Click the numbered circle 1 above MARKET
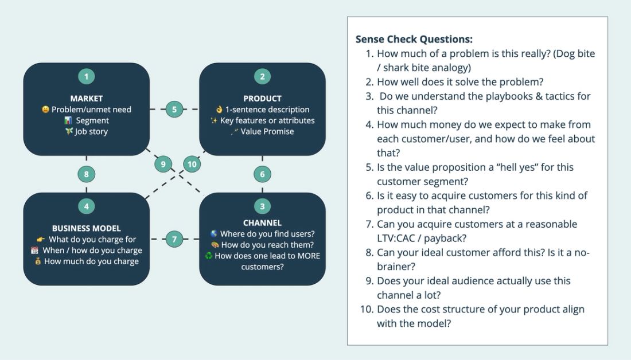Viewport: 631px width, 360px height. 86,76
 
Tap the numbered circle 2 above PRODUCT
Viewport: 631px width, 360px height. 262,76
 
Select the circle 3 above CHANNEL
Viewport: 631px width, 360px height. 262,206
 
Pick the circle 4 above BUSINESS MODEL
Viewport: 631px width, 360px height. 86,206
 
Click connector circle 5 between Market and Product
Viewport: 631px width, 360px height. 174,109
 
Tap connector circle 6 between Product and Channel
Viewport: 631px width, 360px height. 262,174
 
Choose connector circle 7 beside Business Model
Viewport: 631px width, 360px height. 174,239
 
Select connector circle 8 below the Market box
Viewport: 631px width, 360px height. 86,174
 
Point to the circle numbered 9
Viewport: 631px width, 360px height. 163,164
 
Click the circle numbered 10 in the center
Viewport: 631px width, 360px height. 192,164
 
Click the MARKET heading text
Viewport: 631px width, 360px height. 86,99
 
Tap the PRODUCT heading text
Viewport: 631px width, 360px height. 262,99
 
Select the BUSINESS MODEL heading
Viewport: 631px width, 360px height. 86,229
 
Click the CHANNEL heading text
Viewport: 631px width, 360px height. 262,223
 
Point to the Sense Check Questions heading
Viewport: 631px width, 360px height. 414,40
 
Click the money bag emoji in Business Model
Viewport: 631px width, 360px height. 38,261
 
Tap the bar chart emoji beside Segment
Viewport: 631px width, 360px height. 68,120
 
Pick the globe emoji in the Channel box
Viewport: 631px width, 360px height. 214,234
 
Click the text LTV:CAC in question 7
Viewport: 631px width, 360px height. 400,238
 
